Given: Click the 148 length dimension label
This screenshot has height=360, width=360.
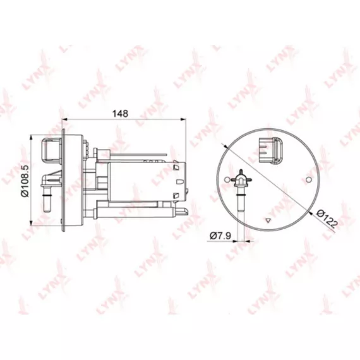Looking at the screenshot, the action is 120,114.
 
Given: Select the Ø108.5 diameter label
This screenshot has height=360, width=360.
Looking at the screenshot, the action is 25,181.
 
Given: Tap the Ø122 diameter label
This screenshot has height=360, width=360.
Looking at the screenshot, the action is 327,219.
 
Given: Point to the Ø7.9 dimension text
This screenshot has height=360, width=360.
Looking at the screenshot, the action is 220,236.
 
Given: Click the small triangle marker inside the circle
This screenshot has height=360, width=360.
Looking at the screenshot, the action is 268,220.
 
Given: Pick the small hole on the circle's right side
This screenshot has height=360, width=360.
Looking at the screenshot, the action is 309,179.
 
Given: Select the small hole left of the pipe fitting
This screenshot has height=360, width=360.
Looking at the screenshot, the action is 227,179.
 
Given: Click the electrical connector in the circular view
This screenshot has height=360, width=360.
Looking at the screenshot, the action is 271,150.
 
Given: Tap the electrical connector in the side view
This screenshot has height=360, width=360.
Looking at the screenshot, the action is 51,149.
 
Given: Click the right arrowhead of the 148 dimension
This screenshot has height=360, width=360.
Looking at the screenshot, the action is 183,119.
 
